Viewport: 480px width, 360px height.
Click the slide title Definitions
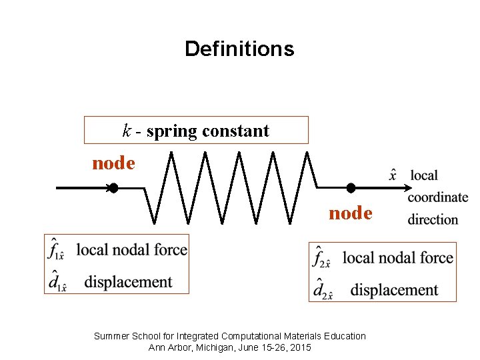(239, 49)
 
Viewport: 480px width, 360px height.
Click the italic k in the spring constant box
(127, 131)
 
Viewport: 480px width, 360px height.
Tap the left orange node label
(113, 163)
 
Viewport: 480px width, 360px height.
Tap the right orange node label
(350, 213)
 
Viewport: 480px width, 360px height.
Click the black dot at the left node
(113, 189)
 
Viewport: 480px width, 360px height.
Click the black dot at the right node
(351, 189)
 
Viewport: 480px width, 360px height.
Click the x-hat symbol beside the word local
(393, 175)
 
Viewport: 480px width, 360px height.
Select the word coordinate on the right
(437, 197)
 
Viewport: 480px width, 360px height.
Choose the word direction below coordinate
(433, 219)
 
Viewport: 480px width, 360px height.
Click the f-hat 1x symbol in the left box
(56, 251)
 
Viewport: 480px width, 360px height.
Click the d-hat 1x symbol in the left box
(57, 283)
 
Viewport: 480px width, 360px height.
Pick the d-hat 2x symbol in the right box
(323, 290)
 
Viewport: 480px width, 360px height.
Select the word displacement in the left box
(128, 283)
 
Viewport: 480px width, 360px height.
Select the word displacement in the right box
(394, 290)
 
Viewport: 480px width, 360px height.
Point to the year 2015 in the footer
(300, 347)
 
